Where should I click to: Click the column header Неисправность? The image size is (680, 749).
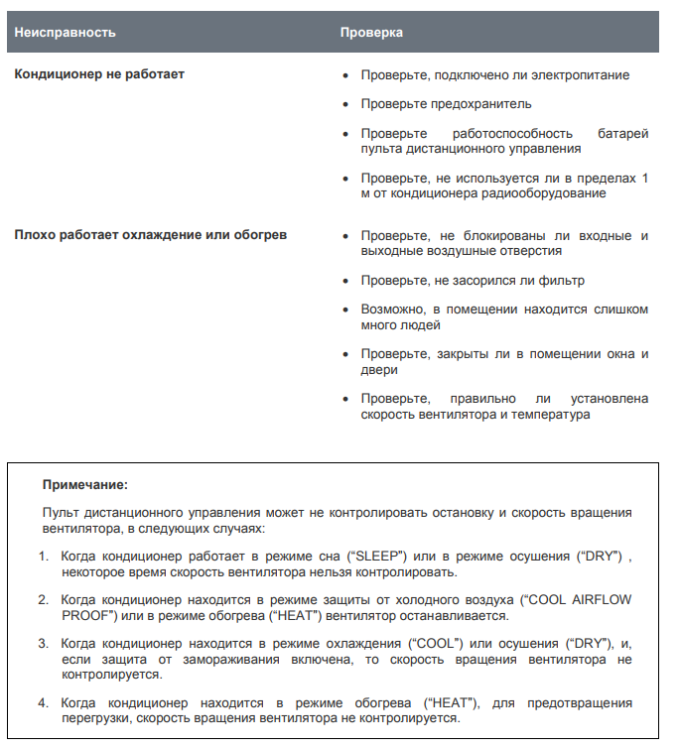click(x=65, y=32)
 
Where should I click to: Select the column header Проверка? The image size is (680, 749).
click(x=371, y=32)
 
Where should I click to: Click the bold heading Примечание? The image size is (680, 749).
click(x=84, y=485)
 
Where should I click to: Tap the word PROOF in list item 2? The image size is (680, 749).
click(x=81, y=615)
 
